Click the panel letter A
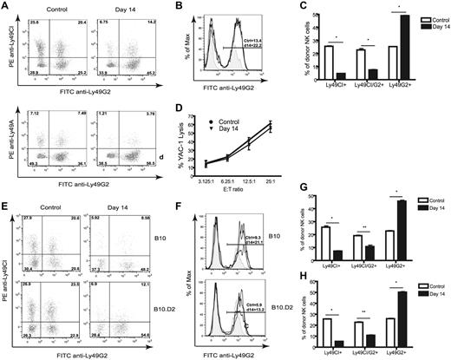5,7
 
